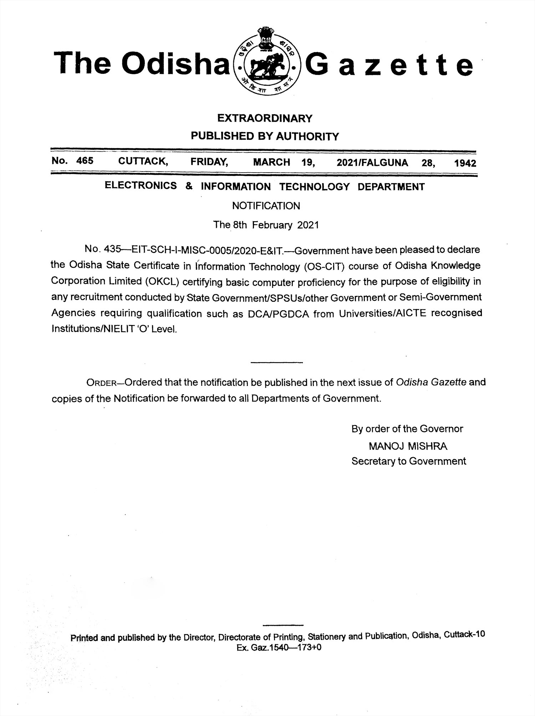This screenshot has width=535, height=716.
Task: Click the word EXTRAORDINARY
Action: [x=265, y=118]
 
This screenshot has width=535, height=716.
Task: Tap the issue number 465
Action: [x=85, y=161]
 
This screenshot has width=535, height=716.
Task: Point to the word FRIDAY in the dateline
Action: [x=209, y=162]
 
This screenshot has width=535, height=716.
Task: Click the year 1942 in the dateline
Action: [x=465, y=163]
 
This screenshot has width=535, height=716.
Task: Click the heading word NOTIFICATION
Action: [x=266, y=206]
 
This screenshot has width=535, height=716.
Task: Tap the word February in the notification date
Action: [x=273, y=225]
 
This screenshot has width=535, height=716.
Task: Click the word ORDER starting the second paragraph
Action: [x=102, y=383]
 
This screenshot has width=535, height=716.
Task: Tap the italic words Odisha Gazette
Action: [x=431, y=382]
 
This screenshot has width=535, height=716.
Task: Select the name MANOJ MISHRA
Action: [x=408, y=446]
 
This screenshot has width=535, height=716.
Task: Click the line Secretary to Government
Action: [x=409, y=461]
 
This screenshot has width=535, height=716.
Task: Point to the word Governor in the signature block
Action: [x=442, y=429]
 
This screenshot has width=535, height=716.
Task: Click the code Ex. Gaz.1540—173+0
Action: [x=279, y=648]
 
